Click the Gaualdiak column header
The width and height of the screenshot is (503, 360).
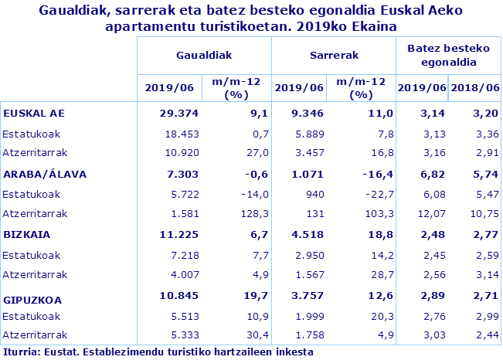pyautogui.click(x=204, y=56)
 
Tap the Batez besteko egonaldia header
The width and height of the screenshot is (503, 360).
pyautogui.click(x=446, y=55)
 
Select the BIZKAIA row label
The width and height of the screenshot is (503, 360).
pyautogui.click(x=27, y=234)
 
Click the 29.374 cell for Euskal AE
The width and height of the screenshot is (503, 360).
pyautogui.click(x=174, y=114)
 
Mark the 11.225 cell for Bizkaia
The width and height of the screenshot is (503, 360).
pyautogui.click(x=174, y=234)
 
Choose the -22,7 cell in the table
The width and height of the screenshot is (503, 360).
pyautogui.click(x=370, y=194)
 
